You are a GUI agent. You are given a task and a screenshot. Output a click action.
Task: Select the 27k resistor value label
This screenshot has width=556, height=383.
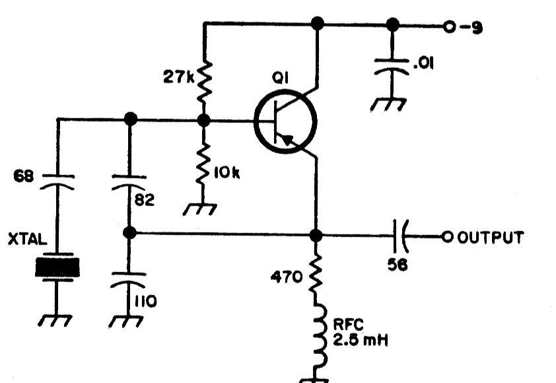point(179,77)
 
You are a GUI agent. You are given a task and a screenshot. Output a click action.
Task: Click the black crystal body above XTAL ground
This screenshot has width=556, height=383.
point(57,267)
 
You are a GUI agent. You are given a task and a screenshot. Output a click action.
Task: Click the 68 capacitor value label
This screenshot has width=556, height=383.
point(24,178)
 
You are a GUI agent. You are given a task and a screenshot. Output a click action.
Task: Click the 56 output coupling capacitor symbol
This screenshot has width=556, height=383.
point(401,236)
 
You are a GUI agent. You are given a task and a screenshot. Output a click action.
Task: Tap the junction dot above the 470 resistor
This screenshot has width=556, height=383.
point(316,235)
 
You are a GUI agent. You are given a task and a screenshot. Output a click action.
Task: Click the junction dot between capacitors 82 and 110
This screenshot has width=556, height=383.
point(129,232)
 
